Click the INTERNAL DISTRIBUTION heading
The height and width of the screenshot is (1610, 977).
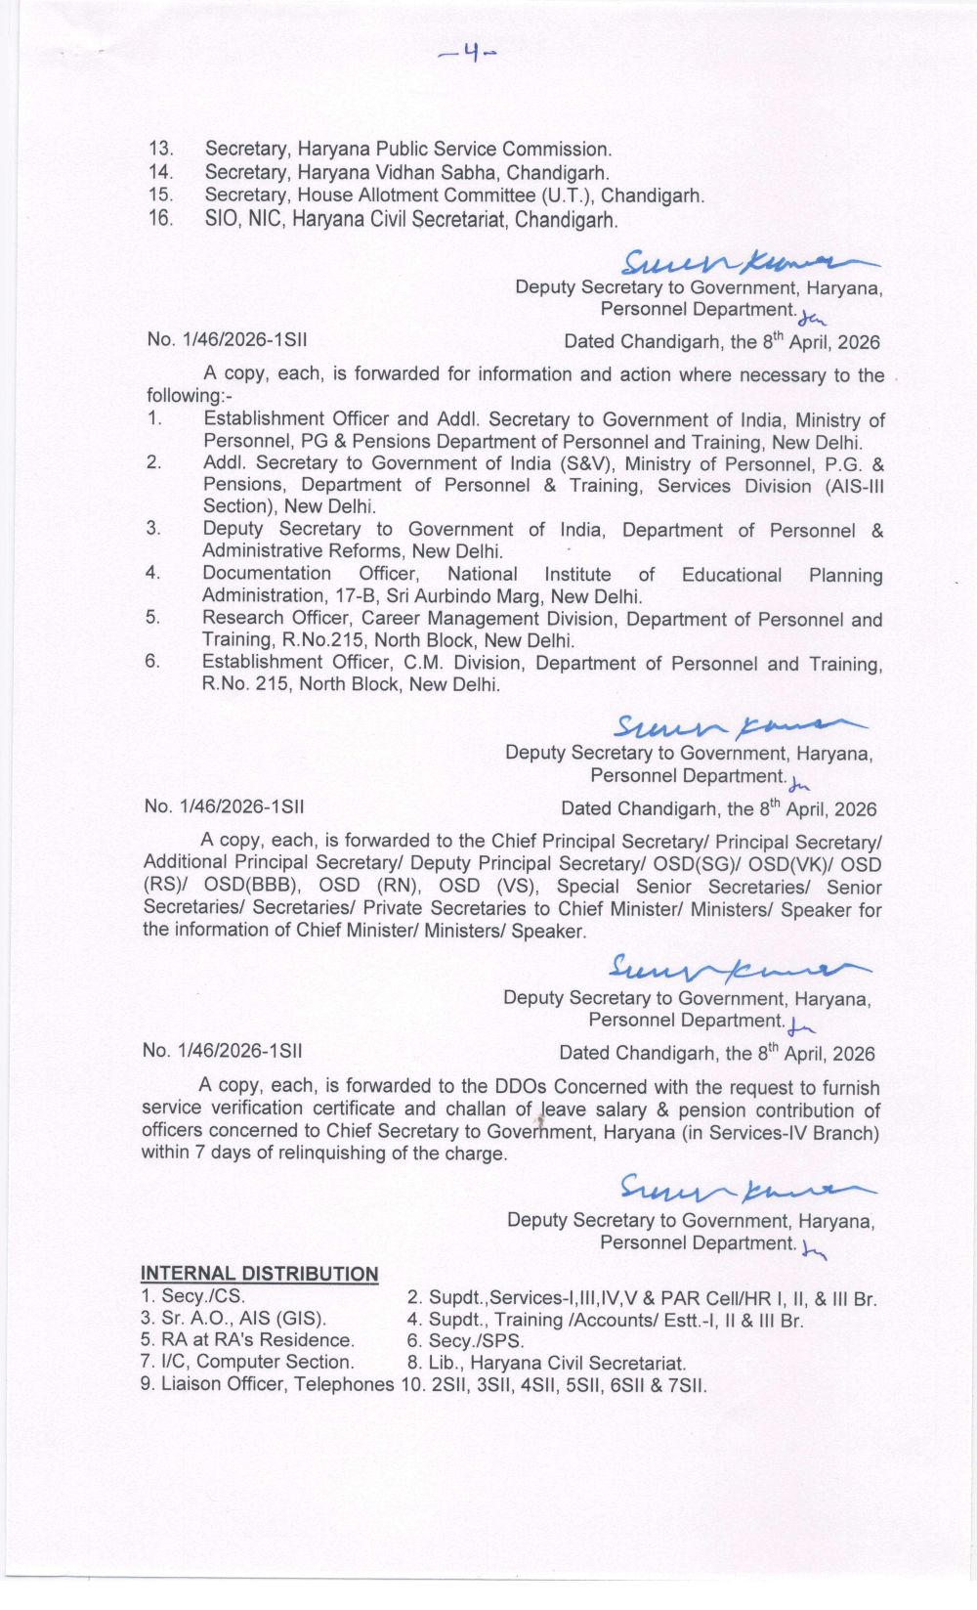point(259,1274)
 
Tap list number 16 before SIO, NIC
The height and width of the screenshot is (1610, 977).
point(160,218)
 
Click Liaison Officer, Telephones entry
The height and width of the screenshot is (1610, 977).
point(268,1384)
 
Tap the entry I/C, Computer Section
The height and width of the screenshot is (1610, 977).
point(246,1363)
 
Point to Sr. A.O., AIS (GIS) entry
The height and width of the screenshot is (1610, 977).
point(234,1320)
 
